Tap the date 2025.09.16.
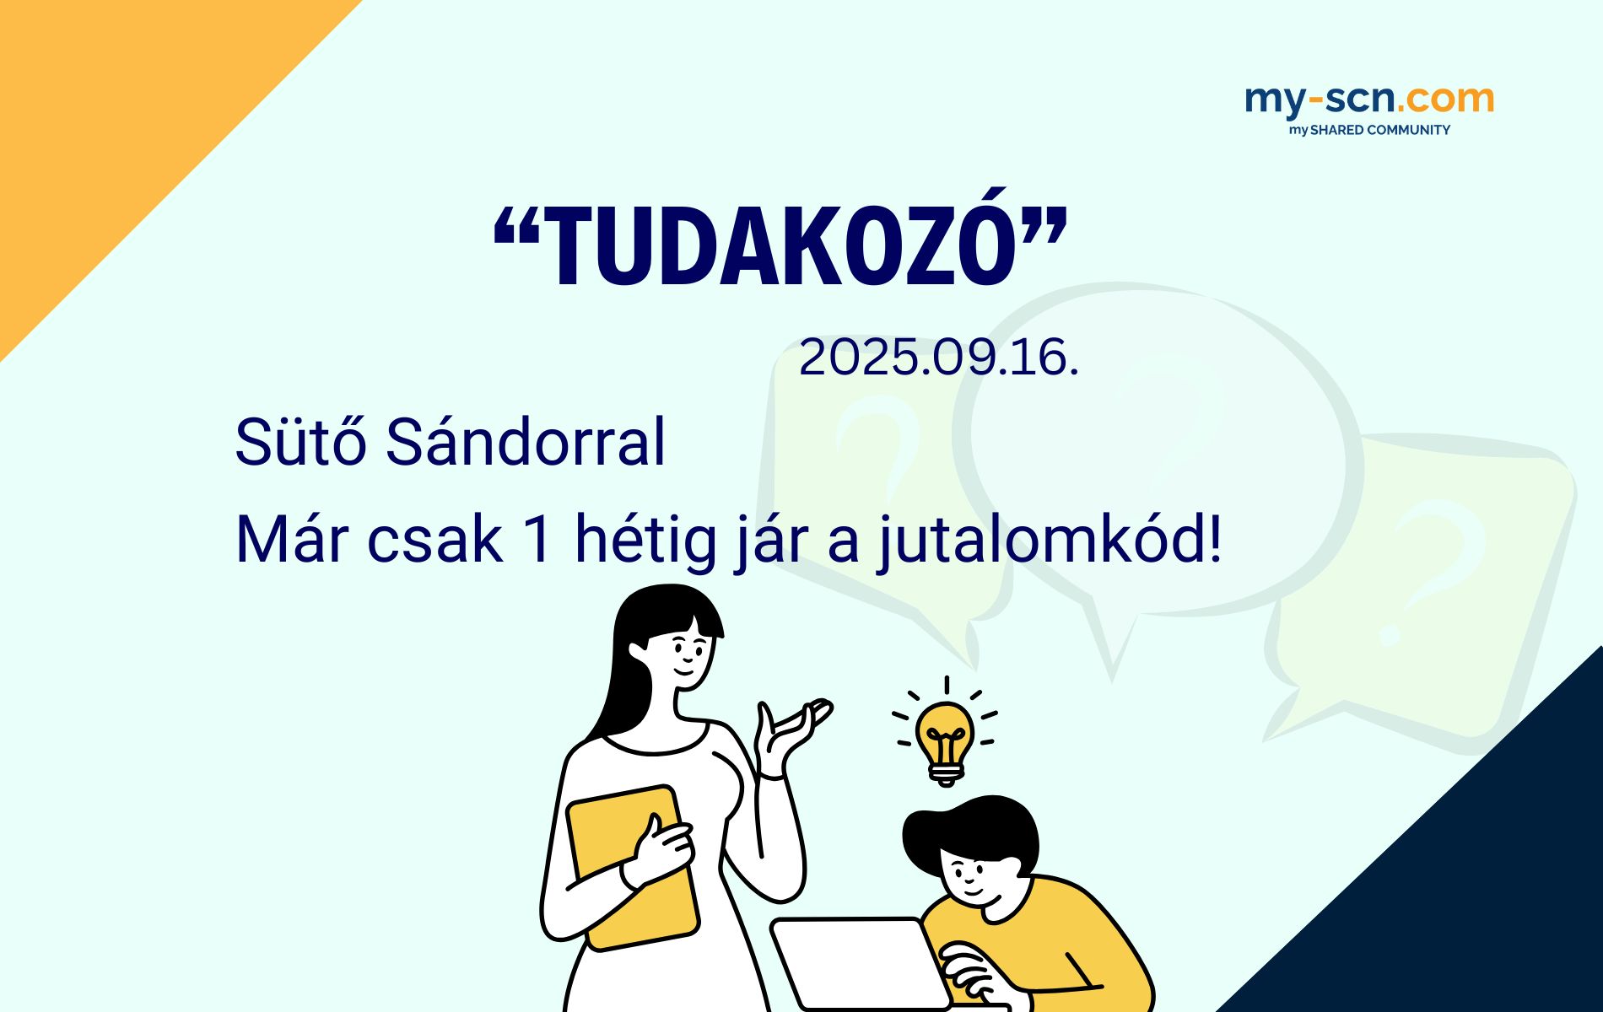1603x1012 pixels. coord(939,358)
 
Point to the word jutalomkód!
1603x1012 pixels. coord(1050,540)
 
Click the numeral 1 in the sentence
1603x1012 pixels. coord(538,540)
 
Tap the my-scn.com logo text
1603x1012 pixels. coord(1369,100)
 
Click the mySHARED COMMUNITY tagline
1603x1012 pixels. coord(1369,130)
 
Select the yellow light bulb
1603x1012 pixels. coord(946,740)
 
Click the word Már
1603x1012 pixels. coord(284,540)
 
